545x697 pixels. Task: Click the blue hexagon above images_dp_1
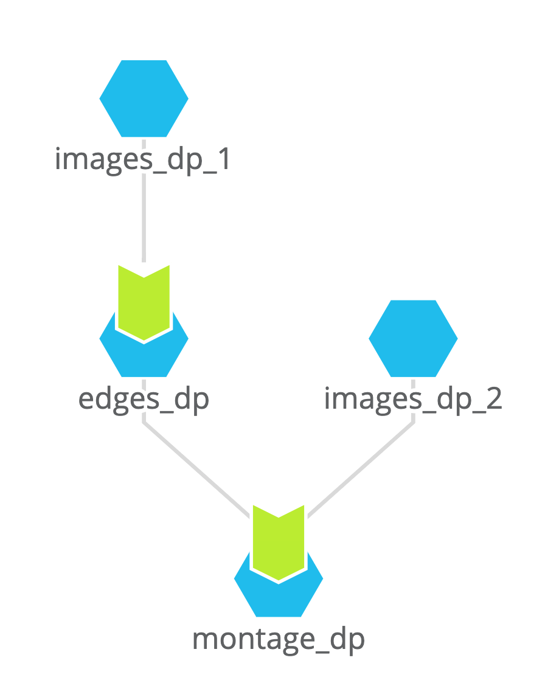click(x=144, y=98)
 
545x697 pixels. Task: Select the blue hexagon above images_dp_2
click(x=413, y=338)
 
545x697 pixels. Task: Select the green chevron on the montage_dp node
click(x=279, y=542)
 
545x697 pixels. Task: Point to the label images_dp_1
click(x=144, y=160)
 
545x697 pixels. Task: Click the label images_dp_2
click(x=413, y=399)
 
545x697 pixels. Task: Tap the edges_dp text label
click(x=144, y=399)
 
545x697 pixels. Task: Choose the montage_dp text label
click(x=279, y=639)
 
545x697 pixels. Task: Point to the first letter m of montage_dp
click(x=204, y=640)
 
